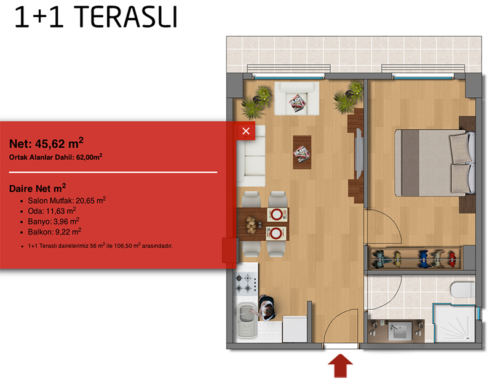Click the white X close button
246,131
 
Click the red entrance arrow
341,366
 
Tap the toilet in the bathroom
462,290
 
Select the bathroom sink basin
400,331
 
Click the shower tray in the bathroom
455,324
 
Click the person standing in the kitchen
267,308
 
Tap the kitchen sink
247,320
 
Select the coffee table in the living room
302,152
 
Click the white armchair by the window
297,98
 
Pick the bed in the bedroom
435,163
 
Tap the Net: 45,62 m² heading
47,143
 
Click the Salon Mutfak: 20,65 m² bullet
67,201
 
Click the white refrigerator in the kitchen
295,329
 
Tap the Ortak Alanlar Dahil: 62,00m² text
56,157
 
